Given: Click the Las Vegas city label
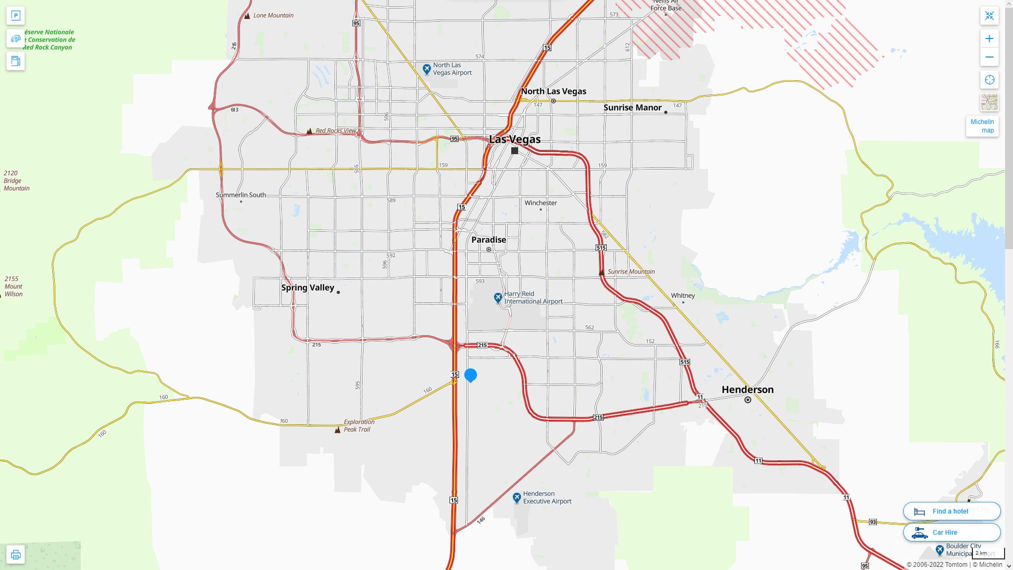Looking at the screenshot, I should (514, 139).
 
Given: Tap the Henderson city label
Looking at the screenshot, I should (747, 389).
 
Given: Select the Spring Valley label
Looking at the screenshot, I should (308, 288).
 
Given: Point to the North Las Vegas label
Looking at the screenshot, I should (553, 91).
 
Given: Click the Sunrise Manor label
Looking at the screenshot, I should (632, 108).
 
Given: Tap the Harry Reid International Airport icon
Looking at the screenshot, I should (498, 298).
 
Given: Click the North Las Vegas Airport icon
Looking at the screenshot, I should (427, 69).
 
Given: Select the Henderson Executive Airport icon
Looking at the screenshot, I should (517, 497).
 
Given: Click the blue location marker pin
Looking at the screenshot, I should (471, 375).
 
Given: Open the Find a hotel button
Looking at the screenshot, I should (951, 511).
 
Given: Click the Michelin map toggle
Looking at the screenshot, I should (982, 126).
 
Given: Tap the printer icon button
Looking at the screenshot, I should (15, 555).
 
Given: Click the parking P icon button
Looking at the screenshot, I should (15, 16).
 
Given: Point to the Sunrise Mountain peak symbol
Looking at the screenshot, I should (601, 272).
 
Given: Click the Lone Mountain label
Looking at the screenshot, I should (273, 15).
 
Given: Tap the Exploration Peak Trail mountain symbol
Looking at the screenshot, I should (338, 430).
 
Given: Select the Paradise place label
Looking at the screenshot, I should (489, 240).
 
